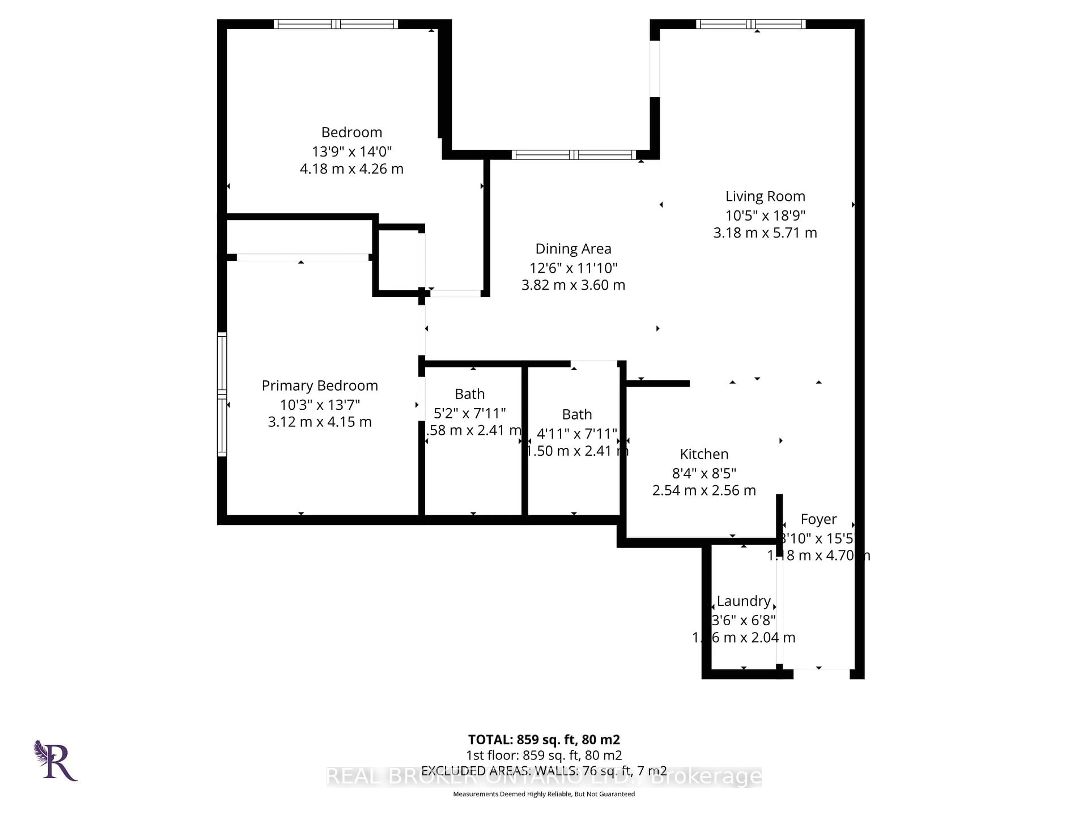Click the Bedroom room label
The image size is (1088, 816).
[x=351, y=132]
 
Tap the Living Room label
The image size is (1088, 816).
[x=765, y=196]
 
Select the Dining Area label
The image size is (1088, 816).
[x=573, y=249]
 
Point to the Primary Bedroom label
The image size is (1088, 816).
[x=320, y=386]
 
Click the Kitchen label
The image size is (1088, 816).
[x=704, y=454]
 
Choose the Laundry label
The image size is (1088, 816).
[x=743, y=601]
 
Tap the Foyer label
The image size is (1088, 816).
[x=819, y=519]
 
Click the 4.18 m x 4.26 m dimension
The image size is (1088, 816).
[x=351, y=169]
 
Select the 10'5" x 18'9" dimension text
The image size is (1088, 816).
[x=765, y=215]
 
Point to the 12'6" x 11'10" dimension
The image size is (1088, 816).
[x=573, y=268]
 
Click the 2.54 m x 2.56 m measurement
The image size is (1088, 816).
[x=704, y=490]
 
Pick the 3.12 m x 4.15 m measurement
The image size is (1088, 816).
[x=320, y=422]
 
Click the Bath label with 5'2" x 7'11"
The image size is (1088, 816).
[x=470, y=394]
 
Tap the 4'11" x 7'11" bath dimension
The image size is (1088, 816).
[x=577, y=434]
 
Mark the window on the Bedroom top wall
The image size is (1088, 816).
[x=335, y=24]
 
